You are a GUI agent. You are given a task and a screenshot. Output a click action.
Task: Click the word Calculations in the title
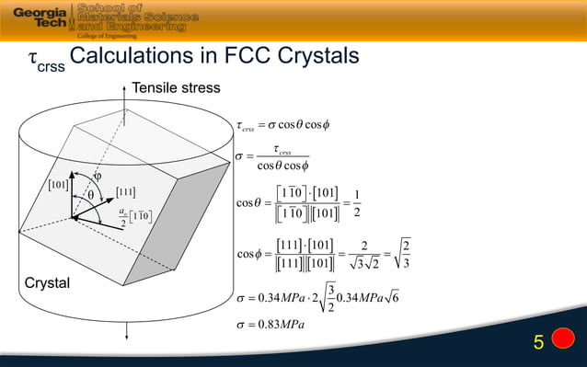pyautogui.click(x=136, y=57)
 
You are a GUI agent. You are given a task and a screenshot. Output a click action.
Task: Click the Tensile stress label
pyautogui.click(x=176, y=87)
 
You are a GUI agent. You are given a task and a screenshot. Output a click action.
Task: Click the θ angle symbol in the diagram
pyautogui.click(x=90, y=196)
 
